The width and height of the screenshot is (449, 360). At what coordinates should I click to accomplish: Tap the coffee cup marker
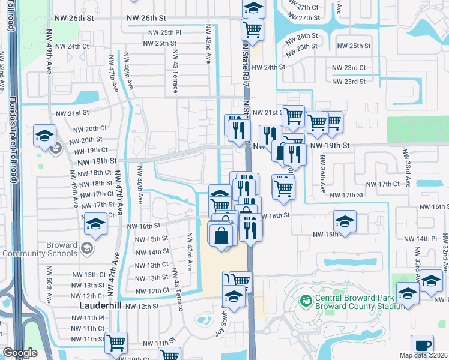[422, 346]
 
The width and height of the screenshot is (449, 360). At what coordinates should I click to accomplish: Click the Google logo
[20, 353]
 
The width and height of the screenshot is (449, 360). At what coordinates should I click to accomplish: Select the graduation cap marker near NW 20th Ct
[45, 136]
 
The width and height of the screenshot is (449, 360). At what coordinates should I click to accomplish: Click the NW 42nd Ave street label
[209, 44]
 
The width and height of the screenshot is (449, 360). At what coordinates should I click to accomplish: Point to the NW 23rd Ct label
[351, 68]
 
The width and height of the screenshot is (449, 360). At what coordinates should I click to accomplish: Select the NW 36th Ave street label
[322, 175]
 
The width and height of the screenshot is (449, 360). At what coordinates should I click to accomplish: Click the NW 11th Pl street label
[89, 317]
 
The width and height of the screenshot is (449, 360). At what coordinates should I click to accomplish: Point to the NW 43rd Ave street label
[189, 251]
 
